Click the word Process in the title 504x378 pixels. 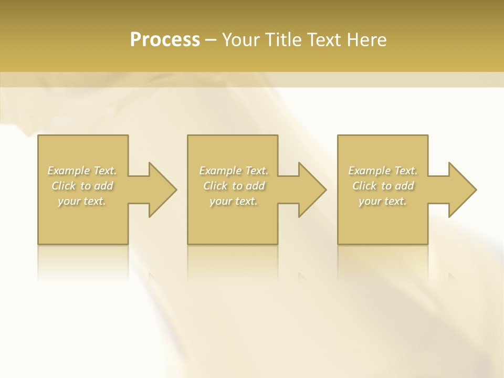[x=165, y=40]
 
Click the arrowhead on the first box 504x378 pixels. [x=161, y=190]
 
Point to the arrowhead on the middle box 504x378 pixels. [x=310, y=190]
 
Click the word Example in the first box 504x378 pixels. [x=68, y=171]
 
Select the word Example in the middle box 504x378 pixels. [x=219, y=171]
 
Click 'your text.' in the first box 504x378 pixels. [x=82, y=201]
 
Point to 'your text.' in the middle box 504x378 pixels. [x=233, y=201]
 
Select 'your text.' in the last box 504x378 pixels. [x=383, y=201]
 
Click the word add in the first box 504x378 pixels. [x=104, y=186]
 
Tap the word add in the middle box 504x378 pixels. [x=255, y=186]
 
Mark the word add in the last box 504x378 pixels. [x=405, y=186]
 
